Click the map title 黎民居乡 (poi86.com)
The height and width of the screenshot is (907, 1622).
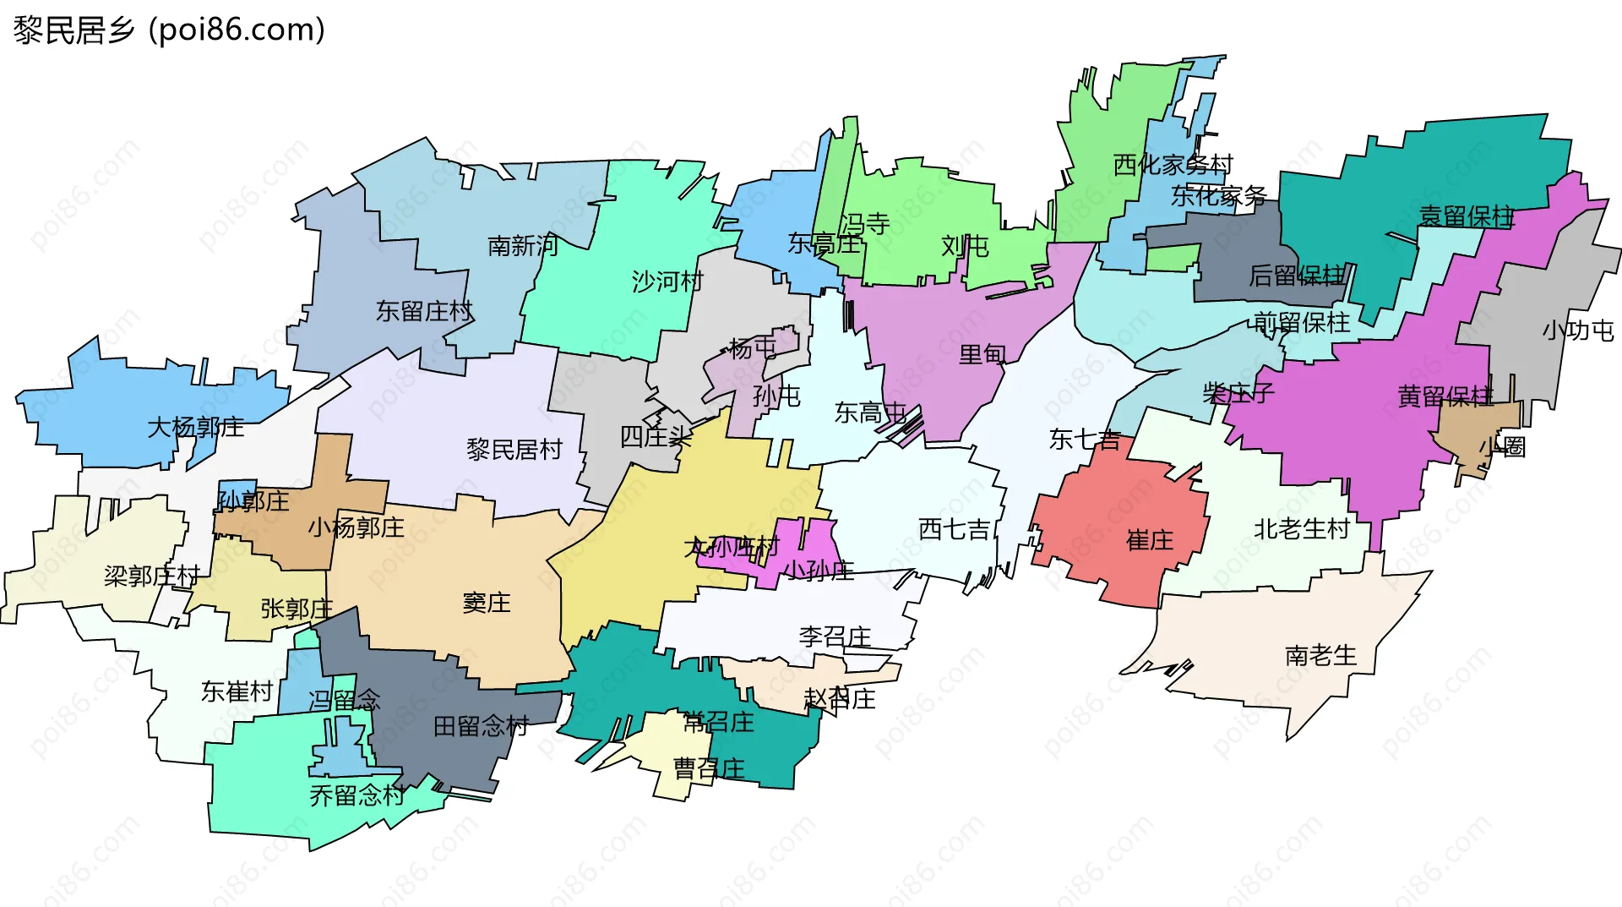(x=169, y=30)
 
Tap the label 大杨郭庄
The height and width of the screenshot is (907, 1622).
(x=196, y=427)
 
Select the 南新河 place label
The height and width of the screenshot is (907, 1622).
(x=523, y=246)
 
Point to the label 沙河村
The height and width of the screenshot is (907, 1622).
(x=667, y=281)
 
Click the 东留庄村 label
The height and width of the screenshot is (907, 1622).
(x=424, y=311)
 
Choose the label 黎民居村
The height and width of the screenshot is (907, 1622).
(x=514, y=449)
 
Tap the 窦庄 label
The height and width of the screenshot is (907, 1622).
(x=487, y=603)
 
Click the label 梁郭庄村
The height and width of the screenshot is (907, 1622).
(x=152, y=576)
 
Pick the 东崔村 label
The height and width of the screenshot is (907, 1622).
(x=237, y=691)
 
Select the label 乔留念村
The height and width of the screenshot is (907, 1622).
(x=357, y=795)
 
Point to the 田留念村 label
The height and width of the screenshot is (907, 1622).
(x=481, y=725)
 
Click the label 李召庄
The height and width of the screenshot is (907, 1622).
(x=835, y=637)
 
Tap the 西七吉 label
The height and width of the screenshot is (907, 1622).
(x=954, y=530)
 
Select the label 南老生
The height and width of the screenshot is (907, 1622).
(x=1320, y=655)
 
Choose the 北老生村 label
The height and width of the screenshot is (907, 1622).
(x=1302, y=529)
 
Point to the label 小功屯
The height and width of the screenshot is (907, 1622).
(x=1577, y=331)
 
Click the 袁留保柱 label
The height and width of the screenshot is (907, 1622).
(x=1467, y=216)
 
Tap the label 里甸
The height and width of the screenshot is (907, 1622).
(x=982, y=354)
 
